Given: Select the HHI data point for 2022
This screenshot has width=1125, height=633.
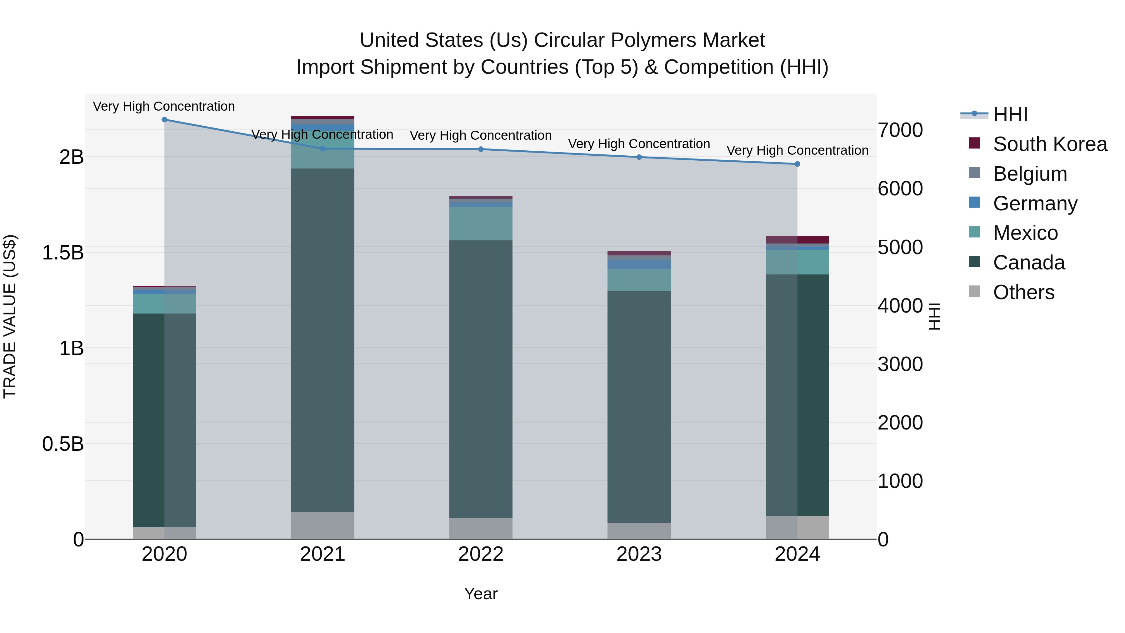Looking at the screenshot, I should [481, 149].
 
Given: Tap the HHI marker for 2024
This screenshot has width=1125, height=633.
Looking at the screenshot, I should [797, 164].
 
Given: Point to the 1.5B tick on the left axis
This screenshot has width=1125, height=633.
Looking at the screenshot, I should [63, 253].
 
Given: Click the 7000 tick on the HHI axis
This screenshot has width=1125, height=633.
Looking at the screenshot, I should [900, 130].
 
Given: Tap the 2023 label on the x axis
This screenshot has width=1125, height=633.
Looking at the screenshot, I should [639, 554].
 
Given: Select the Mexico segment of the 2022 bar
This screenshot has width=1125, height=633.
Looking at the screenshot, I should [481, 224].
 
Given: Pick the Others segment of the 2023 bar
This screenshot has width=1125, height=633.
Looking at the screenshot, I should [639, 531].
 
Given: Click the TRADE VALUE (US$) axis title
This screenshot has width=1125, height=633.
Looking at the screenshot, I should [10, 316].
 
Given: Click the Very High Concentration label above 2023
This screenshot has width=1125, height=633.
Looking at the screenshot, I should [639, 144].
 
